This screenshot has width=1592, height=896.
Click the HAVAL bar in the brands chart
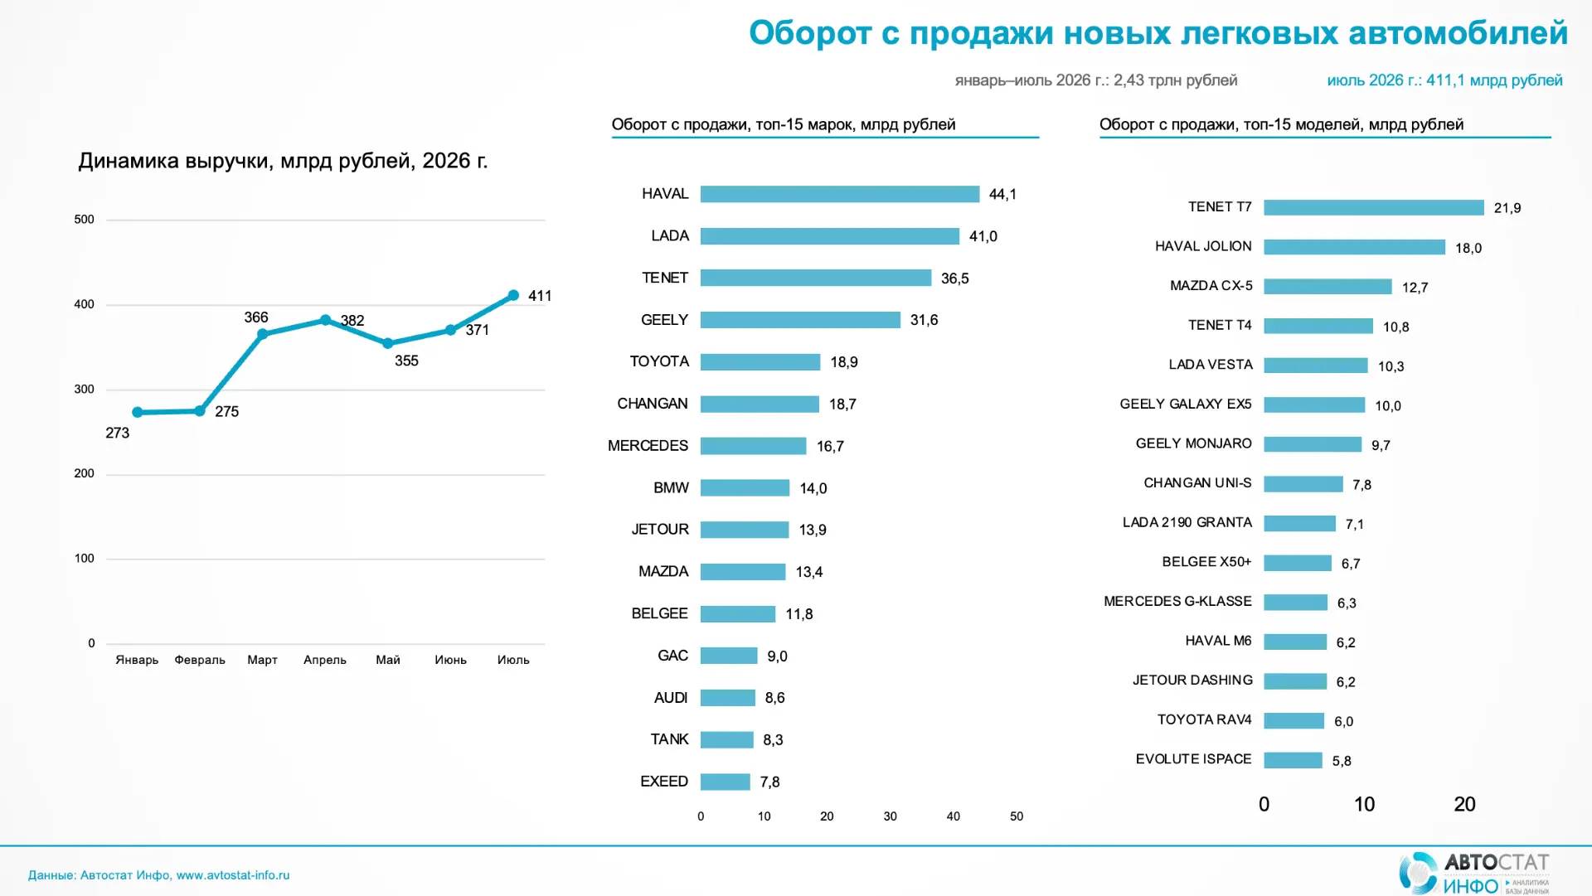(x=840, y=194)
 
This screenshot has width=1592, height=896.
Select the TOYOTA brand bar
(x=760, y=362)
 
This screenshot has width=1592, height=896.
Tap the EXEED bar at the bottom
(x=726, y=782)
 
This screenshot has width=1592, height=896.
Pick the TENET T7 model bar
(x=1374, y=207)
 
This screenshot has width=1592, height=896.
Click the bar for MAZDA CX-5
(x=1327, y=287)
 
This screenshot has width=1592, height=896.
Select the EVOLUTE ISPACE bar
(x=1293, y=760)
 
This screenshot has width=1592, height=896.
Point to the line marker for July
(x=513, y=295)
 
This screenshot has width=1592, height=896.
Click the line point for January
(x=138, y=412)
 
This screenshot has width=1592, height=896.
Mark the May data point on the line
(x=388, y=343)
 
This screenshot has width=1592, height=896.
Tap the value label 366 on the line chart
(x=256, y=317)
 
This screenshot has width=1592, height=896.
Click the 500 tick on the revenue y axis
(x=84, y=220)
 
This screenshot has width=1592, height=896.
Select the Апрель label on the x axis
(x=325, y=660)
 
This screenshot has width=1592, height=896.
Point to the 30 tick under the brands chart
(x=890, y=816)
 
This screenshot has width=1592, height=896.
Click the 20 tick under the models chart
(x=1464, y=804)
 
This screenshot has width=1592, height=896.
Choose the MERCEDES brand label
(x=648, y=446)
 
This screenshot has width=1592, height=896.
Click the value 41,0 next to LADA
(x=983, y=236)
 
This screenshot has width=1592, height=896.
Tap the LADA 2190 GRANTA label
(x=1187, y=522)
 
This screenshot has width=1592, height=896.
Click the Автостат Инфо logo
(x=1474, y=873)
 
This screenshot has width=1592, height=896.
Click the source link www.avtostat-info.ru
(x=233, y=875)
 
